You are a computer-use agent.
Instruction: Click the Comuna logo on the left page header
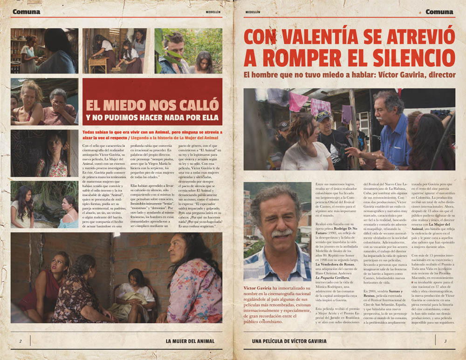pyautogui.click(x=26, y=12)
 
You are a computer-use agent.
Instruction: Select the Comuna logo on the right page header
pyautogui.click(x=439, y=12)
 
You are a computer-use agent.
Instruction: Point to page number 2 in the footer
pyautogui.click(x=21, y=341)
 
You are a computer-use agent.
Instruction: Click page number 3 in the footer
pyautogui.click(x=445, y=341)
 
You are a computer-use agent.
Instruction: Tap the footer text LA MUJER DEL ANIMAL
pyautogui.click(x=190, y=341)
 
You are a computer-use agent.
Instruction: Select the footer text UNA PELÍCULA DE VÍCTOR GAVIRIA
pyautogui.click(x=289, y=341)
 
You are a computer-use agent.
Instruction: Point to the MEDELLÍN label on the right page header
pyautogui.click(x=253, y=12)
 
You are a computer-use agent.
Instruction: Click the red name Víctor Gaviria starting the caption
pyautogui.click(x=257, y=288)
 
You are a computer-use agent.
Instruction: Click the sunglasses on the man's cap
pyautogui.click(x=322, y=114)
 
